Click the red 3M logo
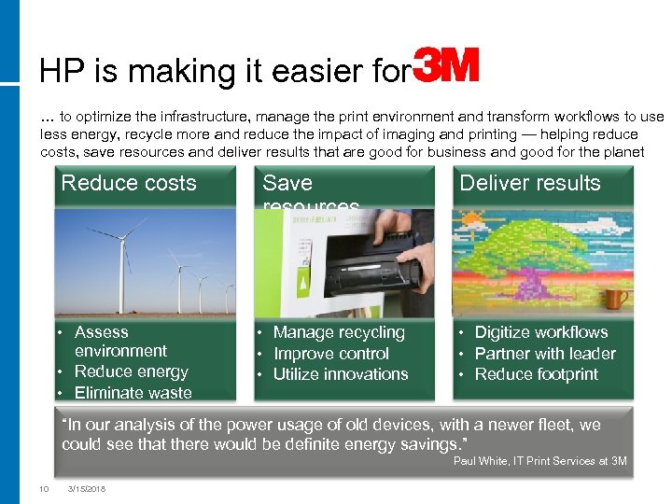coord(446,66)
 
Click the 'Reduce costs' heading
coord(129,183)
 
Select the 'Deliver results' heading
coord(529,183)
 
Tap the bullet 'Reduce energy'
coord(131,371)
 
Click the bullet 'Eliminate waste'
coord(133,393)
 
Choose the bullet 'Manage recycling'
coord(339,332)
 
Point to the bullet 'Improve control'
coord(331,354)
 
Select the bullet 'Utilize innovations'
coord(341,374)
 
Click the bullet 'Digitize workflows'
coord(540,332)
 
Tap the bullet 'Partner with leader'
coord(545,354)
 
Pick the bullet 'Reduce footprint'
coord(537,374)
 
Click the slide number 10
coord(43,488)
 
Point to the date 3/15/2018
coord(87,488)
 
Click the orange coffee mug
coord(616,298)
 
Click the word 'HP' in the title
coord(57,72)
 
